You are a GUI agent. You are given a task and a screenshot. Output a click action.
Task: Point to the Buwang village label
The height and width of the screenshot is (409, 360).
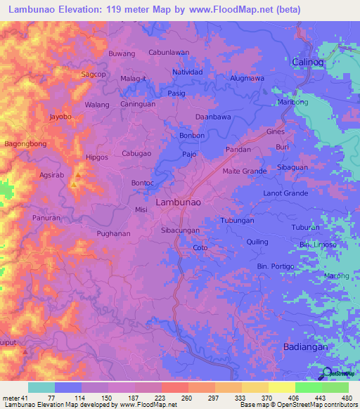pyautogui.click(x=122, y=53)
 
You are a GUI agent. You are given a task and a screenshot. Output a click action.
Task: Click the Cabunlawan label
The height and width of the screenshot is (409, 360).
pyautogui.click(x=169, y=52)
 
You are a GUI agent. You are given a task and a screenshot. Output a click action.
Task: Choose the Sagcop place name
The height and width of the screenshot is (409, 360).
pyautogui.click(x=94, y=74)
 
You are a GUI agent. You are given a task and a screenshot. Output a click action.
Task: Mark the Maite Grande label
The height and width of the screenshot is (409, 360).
pyautogui.click(x=244, y=171)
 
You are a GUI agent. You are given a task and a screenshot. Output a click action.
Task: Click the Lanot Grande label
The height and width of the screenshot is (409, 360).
pyautogui.click(x=285, y=193)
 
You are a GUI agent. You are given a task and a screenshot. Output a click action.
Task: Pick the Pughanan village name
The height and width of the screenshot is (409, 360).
pyautogui.click(x=114, y=233)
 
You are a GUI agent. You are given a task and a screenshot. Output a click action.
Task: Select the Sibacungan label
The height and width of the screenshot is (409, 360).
pyautogui.click(x=181, y=230)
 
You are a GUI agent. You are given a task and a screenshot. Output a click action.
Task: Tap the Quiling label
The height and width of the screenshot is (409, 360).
pyautogui.click(x=257, y=242)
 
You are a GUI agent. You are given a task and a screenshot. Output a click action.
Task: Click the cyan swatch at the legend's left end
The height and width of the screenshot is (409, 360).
pyautogui.click(x=41, y=387)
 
